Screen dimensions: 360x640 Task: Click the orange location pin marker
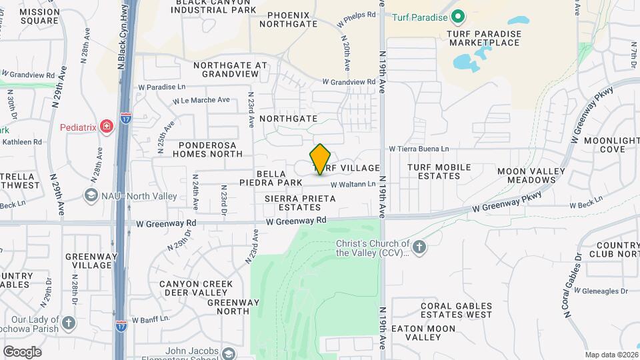coord(321,159)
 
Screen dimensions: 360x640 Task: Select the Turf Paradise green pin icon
coord(457,16)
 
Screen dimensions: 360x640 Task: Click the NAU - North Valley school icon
coord(91,195)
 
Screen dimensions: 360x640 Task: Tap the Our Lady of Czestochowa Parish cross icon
coord(69,325)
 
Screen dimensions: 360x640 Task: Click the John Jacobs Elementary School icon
coord(229,353)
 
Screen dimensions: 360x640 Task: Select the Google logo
coord(22,351)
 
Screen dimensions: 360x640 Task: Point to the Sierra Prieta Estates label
coord(297,203)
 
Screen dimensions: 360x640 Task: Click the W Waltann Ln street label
coord(349,184)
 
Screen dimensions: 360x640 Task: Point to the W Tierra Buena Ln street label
coord(419,149)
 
